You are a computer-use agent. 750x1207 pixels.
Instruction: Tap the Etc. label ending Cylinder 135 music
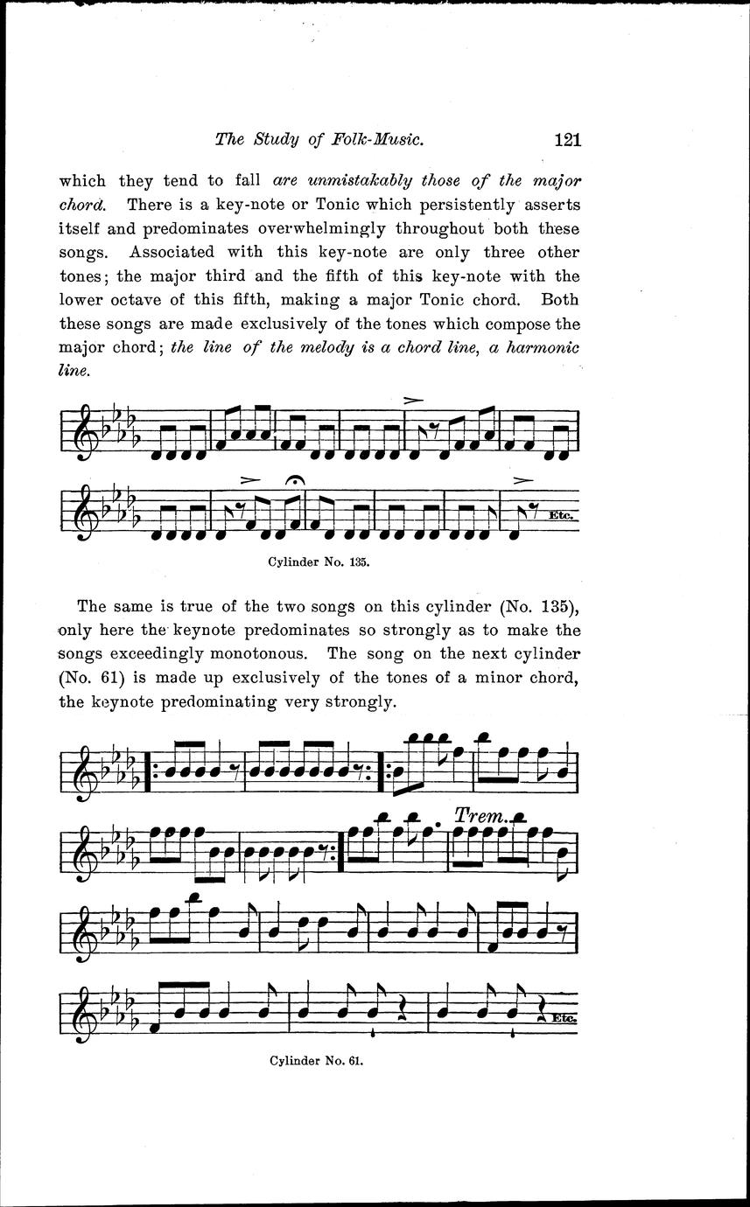(x=560, y=515)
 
